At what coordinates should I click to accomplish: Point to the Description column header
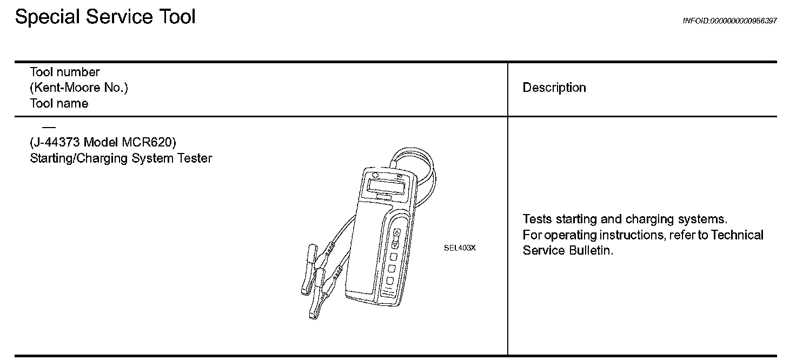(x=554, y=88)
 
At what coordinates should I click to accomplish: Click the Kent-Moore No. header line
(x=79, y=88)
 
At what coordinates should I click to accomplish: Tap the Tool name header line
(x=59, y=103)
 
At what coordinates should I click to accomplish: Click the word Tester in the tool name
(x=194, y=158)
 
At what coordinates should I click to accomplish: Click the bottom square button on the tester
(x=389, y=280)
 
